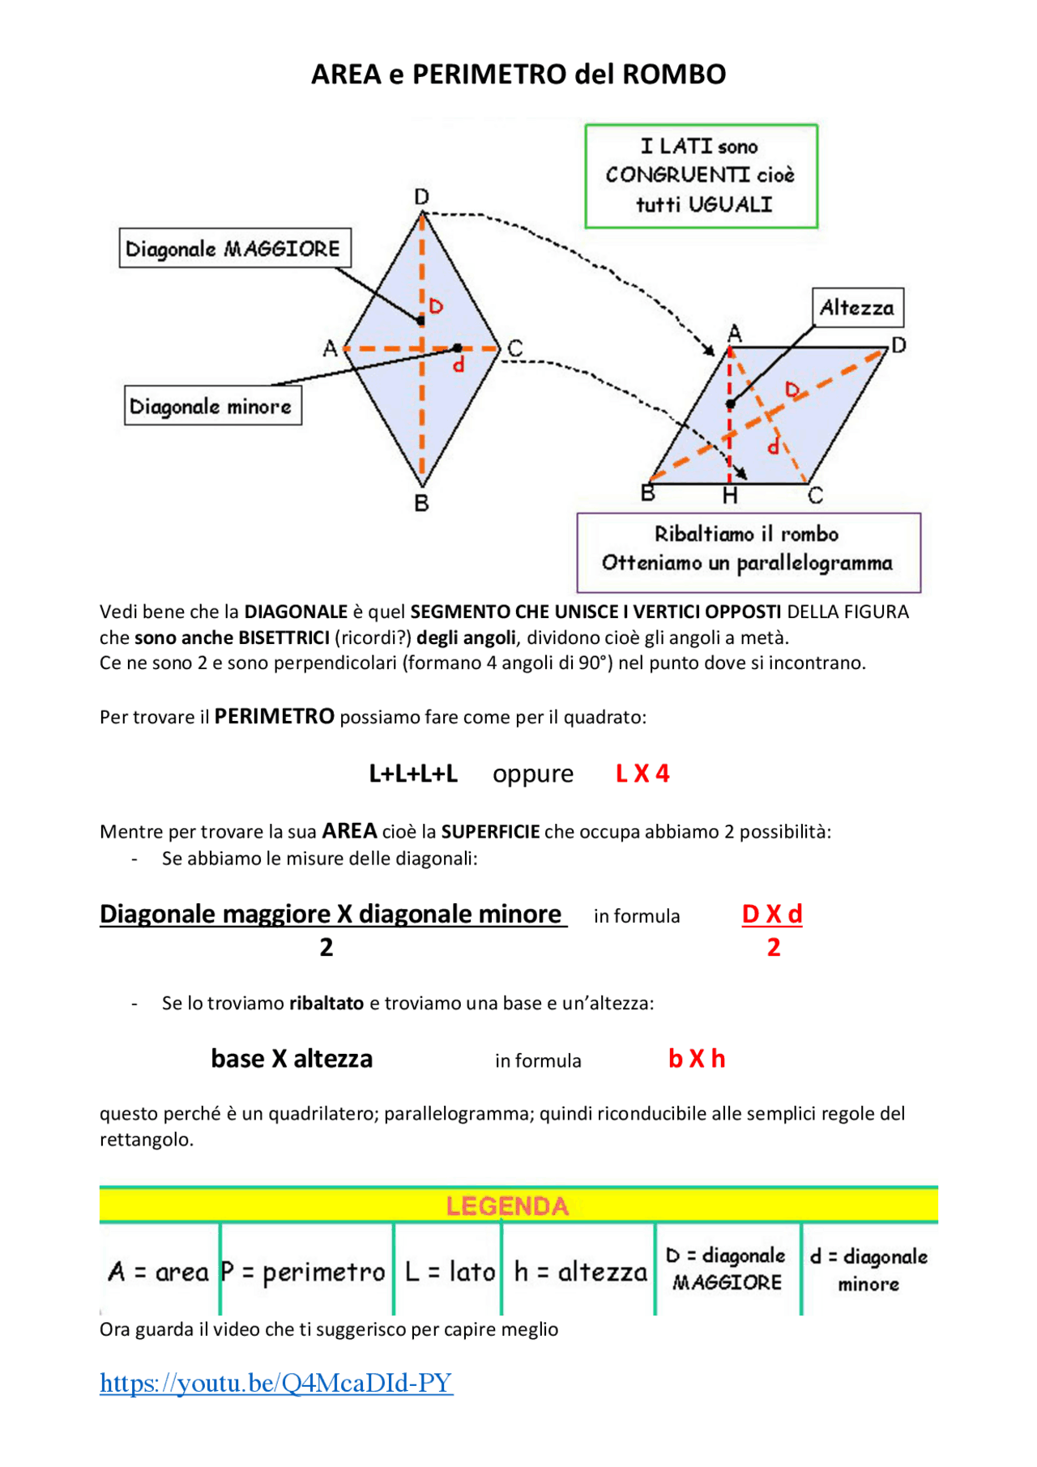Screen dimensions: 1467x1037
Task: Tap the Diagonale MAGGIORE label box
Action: coord(234,248)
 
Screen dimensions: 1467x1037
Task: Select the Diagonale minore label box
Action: coord(212,406)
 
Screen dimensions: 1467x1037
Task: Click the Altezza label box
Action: coord(857,308)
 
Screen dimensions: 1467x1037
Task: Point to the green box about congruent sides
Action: coord(701,176)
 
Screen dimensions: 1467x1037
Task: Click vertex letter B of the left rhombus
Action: coord(421,503)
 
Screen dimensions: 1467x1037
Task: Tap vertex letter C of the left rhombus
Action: coord(515,348)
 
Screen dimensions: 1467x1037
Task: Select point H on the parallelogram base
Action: coord(730,496)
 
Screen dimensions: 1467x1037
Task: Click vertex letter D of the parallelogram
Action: coord(898,346)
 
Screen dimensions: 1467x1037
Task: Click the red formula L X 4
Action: coord(642,774)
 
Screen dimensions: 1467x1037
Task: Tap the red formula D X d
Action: coord(772,915)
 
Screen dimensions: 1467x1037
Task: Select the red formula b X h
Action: coord(697,1059)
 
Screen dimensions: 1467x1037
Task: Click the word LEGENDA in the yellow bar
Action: coord(507,1206)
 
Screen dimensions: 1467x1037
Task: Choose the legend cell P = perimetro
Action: coord(304,1272)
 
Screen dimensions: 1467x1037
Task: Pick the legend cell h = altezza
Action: coord(580,1272)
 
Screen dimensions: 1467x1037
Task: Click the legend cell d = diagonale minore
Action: coord(868,1269)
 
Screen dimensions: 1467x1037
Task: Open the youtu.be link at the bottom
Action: coord(275,1383)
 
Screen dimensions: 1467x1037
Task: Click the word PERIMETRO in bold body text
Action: coord(274,717)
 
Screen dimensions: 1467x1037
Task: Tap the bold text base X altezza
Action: coord(292,1059)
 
